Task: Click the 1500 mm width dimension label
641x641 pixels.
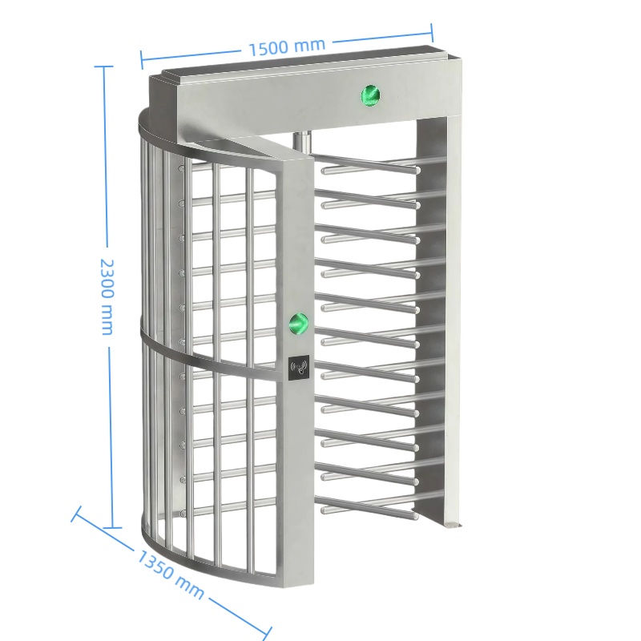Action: tap(287, 47)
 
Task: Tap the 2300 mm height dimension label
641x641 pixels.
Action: tap(107, 296)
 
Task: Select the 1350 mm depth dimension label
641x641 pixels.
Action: tap(170, 574)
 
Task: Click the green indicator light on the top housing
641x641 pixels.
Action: tap(370, 96)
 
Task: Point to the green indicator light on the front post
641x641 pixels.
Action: tap(298, 324)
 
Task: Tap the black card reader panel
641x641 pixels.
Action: tap(299, 366)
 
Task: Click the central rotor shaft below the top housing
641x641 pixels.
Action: tap(302, 143)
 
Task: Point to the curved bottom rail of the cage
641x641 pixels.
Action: tap(204, 559)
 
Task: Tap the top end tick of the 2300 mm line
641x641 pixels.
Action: tap(104, 66)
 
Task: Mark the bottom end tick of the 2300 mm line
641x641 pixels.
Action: tap(112, 527)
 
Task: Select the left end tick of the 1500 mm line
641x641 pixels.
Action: tap(142, 60)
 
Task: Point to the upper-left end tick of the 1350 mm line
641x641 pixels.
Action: tap(76, 514)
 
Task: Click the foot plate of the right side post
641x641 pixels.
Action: tap(452, 525)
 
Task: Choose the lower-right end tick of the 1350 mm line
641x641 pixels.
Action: tap(267, 631)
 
